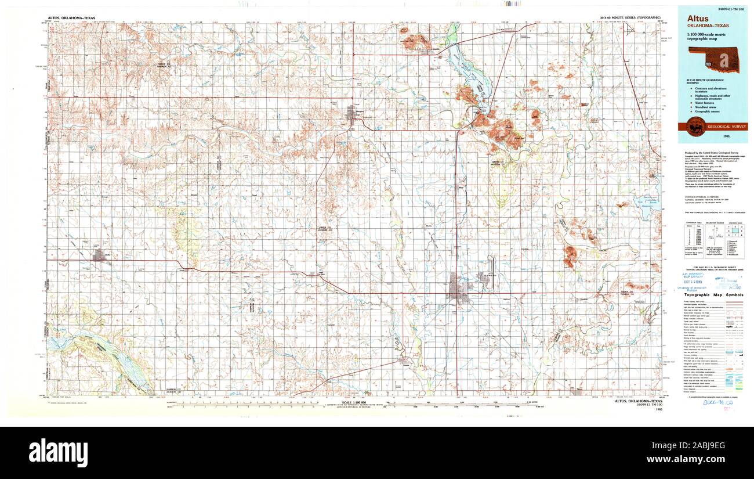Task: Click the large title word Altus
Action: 698,18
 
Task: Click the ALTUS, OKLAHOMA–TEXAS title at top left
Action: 71,19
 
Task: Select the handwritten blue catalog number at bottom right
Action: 717,401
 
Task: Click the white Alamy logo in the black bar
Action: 58,453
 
